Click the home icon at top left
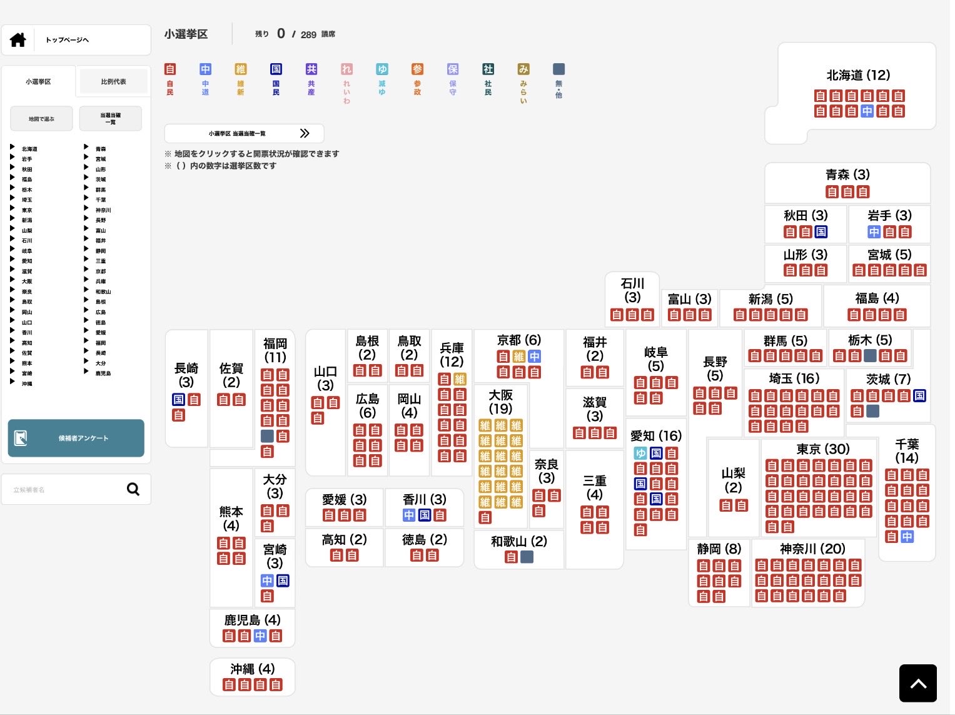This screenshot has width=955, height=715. click(18, 40)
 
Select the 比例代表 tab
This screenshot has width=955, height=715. click(113, 81)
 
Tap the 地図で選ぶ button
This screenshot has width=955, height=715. click(41, 119)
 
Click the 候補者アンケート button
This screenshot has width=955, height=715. click(76, 438)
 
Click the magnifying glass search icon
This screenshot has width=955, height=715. click(133, 489)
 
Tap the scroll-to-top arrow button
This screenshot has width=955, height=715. click(917, 683)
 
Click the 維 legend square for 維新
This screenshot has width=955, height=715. click(241, 69)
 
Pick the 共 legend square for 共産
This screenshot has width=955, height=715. click(311, 69)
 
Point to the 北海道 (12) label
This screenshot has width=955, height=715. click(858, 76)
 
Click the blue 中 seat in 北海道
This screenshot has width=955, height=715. click(867, 111)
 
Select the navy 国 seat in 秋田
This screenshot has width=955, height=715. click(821, 232)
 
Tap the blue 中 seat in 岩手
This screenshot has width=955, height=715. click(874, 232)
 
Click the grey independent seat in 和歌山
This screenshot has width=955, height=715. click(527, 557)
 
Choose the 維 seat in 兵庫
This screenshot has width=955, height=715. click(460, 379)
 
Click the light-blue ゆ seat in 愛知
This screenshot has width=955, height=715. click(640, 453)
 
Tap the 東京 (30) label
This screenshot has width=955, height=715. click(823, 449)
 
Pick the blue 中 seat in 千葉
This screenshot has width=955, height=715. click(907, 537)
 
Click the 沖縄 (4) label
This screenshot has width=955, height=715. click(252, 669)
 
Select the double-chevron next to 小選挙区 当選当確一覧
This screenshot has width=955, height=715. click(305, 133)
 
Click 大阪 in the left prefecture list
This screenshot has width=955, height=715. click(27, 281)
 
